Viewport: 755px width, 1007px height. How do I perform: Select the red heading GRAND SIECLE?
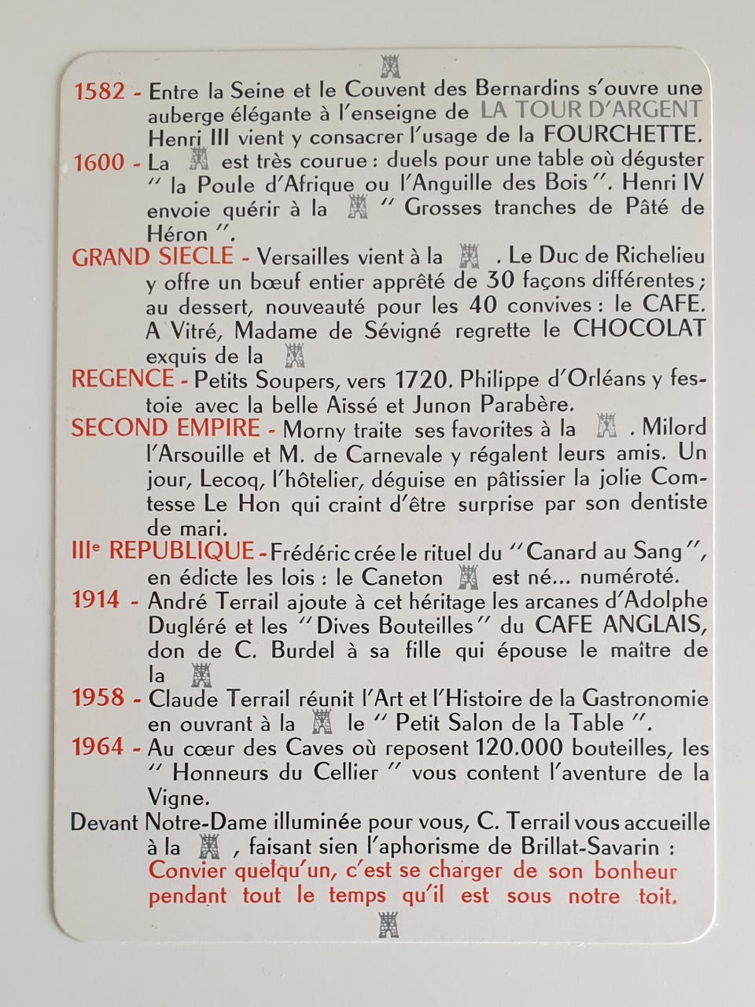(153, 256)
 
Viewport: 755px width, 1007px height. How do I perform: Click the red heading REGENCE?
(123, 379)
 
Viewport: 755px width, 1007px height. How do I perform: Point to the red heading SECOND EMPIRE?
(165, 428)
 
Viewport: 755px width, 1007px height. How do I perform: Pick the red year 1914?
(97, 600)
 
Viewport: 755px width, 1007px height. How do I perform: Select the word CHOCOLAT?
(639, 329)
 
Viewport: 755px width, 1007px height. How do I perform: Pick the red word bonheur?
(635, 870)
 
